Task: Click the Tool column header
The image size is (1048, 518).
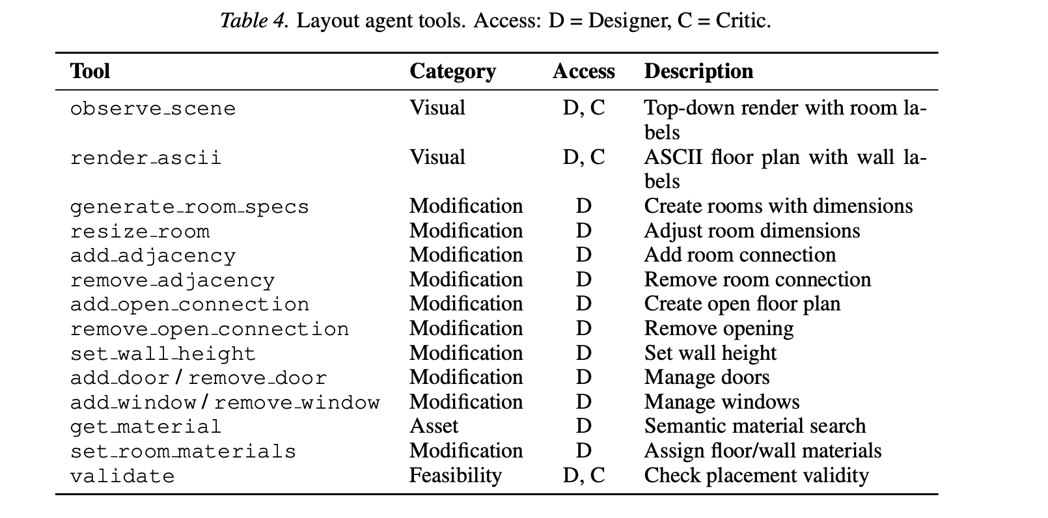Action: click(x=90, y=71)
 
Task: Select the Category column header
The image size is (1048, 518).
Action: click(x=452, y=72)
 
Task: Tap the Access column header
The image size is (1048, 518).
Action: click(x=583, y=71)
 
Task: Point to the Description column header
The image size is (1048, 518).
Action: click(x=698, y=72)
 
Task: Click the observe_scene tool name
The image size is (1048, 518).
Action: click(x=153, y=109)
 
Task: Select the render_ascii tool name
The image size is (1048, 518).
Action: click(x=146, y=157)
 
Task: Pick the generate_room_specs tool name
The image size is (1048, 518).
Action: click(x=189, y=207)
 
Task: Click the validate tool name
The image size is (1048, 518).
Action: click(x=122, y=476)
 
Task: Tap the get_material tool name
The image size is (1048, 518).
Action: click(x=146, y=427)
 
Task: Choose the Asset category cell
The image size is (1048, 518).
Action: click(x=434, y=426)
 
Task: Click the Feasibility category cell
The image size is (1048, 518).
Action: click(x=455, y=476)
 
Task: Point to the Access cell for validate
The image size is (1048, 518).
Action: click(x=583, y=476)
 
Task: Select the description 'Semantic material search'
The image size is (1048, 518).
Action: click(x=754, y=426)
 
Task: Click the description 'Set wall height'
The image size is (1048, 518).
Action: click(x=710, y=353)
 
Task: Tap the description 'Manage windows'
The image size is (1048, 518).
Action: click(x=721, y=402)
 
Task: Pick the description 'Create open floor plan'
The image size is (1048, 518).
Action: click(x=742, y=304)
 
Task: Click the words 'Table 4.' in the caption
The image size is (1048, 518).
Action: click(x=254, y=21)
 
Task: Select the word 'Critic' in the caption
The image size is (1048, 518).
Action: click(x=741, y=21)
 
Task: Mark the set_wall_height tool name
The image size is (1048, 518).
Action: click(x=163, y=354)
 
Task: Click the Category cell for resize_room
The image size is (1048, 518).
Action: click(x=466, y=230)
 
